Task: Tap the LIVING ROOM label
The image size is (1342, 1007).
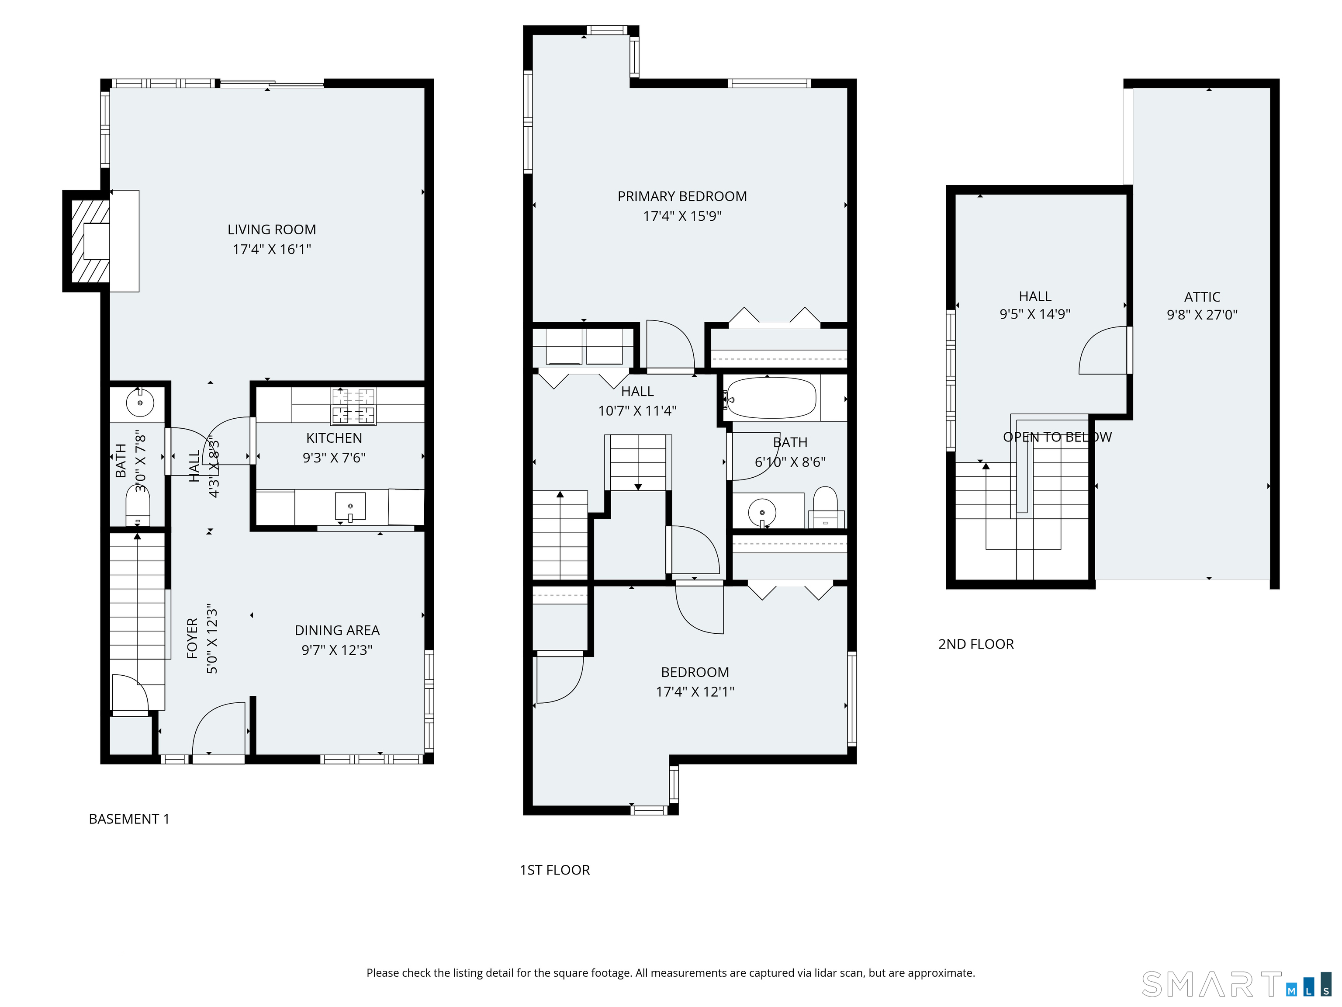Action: coord(272,229)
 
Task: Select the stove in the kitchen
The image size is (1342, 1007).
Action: coord(353,406)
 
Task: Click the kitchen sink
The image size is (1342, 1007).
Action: coord(350,507)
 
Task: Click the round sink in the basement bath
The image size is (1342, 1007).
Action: coord(140,403)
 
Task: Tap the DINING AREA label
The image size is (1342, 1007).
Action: coord(337,630)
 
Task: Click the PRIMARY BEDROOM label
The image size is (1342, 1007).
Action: coord(682,196)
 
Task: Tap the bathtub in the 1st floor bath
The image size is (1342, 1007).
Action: coord(771,398)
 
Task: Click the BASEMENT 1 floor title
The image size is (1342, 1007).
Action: coord(129,819)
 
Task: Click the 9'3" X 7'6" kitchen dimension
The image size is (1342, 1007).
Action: coord(334,457)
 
